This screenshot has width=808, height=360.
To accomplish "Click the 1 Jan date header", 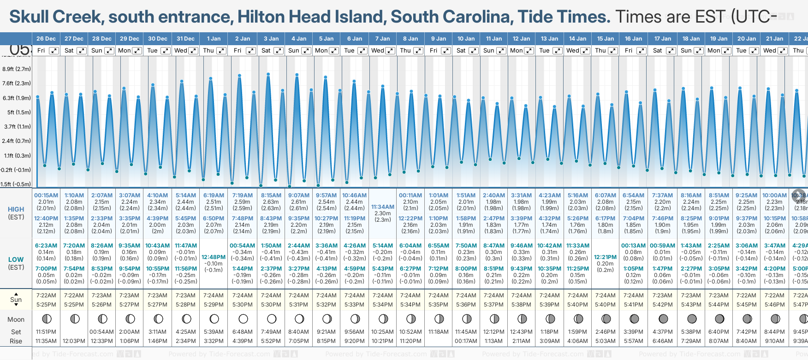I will [214, 39].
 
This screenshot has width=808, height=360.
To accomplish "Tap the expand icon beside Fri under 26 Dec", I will [54, 51].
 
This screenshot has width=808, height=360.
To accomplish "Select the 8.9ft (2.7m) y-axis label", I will [17, 69].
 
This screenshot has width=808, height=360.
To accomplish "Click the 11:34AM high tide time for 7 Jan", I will [383, 207].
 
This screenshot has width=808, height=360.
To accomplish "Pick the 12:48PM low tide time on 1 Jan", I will [214, 257].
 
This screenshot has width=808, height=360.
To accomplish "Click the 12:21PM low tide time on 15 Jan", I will [605, 257].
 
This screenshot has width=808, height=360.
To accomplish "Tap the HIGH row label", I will [16, 209].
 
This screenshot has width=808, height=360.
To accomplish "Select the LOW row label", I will [16, 260].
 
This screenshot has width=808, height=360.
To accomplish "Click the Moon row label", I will [16, 319].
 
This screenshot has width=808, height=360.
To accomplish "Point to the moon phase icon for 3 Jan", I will [271, 319].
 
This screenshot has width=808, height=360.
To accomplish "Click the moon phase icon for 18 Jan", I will [691, 319].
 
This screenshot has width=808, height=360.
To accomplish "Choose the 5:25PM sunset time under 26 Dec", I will [46, 305].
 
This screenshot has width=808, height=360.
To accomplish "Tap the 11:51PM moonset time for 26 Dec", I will [46, 332].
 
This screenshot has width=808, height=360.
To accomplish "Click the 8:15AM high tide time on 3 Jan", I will [271, 195].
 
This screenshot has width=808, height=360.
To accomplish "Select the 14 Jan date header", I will [578, 39].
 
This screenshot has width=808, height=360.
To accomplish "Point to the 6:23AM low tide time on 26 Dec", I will [46, 246].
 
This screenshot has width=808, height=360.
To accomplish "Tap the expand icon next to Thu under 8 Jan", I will [418, 51].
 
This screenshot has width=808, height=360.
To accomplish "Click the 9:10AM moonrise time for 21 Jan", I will [774, 341].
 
